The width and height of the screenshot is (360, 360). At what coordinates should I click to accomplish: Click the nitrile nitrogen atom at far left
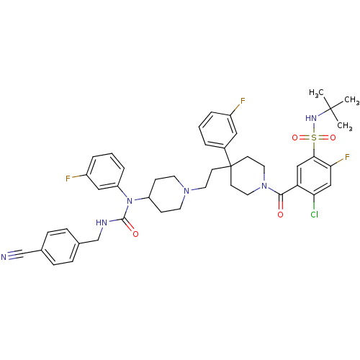(4, 257)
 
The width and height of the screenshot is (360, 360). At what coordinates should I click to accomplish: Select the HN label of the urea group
(102, 222)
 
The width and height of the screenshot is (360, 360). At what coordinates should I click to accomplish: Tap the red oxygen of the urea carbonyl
(135, 234)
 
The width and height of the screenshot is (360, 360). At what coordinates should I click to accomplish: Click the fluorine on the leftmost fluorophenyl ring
(68, 179)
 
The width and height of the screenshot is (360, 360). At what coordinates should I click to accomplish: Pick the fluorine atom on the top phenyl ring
(243, 101)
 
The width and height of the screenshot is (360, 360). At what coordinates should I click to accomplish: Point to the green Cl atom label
(315, 215)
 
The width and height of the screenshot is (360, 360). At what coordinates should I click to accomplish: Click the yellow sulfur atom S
(314, 138)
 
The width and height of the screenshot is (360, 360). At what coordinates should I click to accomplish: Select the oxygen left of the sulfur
(295, 138)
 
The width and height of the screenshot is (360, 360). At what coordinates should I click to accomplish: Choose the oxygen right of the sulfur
(333, 138)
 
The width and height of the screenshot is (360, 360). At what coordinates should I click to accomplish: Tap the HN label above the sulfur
(311, 118)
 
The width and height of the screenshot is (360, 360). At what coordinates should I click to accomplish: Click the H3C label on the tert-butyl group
(317, 93)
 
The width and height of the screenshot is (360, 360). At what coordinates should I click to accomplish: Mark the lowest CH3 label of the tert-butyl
(345, 126)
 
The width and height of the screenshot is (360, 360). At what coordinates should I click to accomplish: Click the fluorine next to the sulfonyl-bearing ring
(347, 157)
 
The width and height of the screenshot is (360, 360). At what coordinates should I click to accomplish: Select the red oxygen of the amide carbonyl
(280, 215)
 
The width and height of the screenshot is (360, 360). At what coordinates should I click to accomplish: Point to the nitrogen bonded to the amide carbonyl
(264, 186)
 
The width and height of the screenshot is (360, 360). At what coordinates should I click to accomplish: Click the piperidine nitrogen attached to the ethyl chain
(186, 191)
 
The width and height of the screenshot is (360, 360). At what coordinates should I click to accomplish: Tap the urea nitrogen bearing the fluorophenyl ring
(130, 201)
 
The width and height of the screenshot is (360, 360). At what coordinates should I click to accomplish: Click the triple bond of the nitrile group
(16, 255)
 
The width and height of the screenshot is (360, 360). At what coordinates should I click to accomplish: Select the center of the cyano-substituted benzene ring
(60, 247)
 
